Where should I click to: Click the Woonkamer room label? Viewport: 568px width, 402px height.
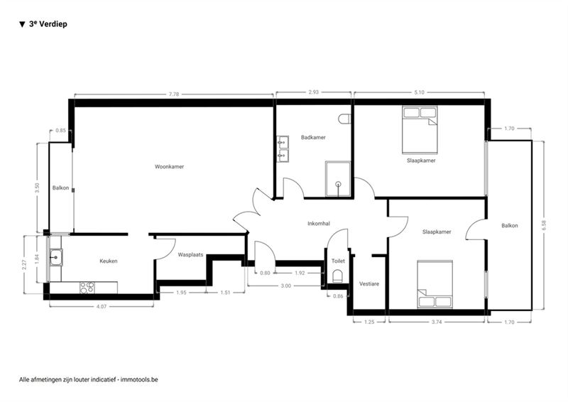click(x=169, y=167)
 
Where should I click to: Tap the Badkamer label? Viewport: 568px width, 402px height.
click(x=313, y=137)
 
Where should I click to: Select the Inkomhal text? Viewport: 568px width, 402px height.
click(x=319, y=224)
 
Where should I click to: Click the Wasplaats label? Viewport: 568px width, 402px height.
click(x=190, y=255)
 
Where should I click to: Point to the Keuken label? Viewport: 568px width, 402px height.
click(x=109, y=261)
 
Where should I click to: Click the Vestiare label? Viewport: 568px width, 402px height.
click(x=369, y=284)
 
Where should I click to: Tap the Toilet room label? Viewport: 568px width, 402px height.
click(x=338, y=261)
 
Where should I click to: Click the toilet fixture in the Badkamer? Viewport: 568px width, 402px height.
click(x=344, y=119)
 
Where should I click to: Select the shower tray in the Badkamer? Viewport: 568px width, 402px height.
click(x=338, y=179)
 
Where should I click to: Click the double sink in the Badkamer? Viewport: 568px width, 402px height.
click(x=283, y=149)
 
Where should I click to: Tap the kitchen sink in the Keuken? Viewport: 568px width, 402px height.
click(x=56, y=257)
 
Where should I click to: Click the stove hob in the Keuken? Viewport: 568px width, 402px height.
click(x=87, y=288)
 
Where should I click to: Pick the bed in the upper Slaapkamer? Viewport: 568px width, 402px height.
click(x=420, y=130)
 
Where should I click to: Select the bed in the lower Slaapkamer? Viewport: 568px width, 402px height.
click(x=435, y=284)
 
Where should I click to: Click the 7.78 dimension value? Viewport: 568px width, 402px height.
click(x=174, y=94)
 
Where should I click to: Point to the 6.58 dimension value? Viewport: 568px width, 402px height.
click(x=543, y=225)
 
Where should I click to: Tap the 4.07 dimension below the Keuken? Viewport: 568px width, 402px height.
click(x=102, y=306)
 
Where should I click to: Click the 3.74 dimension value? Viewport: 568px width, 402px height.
click(x=437, y=322)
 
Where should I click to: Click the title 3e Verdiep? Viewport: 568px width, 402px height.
click(x=48, y=24)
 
